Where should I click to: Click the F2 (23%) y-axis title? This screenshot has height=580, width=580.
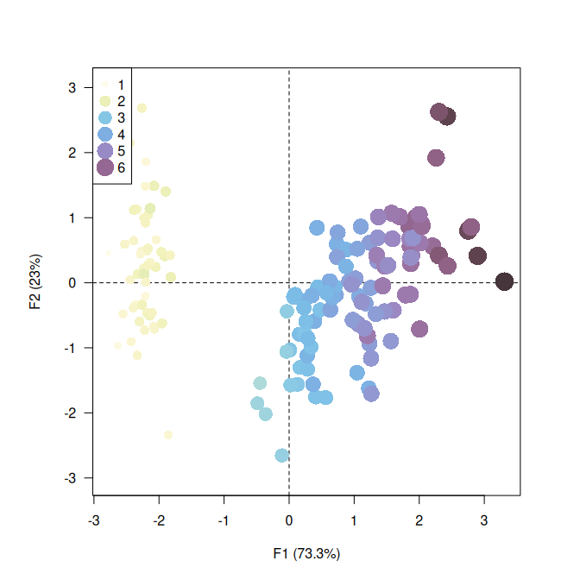[35, 282]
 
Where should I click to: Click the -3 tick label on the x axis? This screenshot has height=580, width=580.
[92, 520]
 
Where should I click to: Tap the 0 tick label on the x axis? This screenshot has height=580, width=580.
[289, 520]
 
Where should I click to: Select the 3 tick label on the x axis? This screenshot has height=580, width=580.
[484, 520]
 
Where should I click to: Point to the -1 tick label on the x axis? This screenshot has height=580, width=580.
[223, 520]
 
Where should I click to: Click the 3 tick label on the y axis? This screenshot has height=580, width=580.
[73, 87]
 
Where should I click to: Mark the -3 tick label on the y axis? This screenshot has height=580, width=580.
[72, 477]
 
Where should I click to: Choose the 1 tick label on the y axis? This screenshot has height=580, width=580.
[73, 217]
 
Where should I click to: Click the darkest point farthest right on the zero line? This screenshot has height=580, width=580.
[504, 281]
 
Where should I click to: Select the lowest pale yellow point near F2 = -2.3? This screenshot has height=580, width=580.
[168, 435]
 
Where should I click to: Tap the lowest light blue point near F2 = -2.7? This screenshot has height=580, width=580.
[281, 455]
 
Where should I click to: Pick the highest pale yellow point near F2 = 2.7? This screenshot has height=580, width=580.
[142, 108]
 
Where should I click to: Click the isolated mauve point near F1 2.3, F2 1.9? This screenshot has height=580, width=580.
[436, 158]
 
